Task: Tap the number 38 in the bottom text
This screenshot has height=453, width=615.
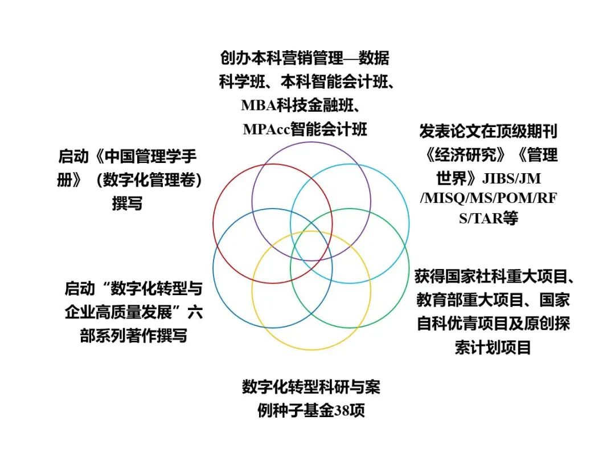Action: click(342, 411)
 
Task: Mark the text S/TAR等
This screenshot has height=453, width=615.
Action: click(488, 219)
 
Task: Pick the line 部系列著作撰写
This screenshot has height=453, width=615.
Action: click(134, 336)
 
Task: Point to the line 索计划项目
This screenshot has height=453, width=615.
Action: click(493, 348)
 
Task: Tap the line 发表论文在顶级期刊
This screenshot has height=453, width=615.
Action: click(488, 132)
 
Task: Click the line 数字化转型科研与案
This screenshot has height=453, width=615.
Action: click(311, 387)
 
